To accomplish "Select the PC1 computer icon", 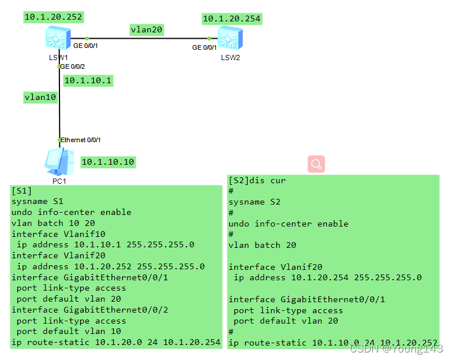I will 58,162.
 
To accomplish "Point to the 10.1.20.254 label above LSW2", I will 231,19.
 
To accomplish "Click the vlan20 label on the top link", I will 146,29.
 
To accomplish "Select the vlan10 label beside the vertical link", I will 40,97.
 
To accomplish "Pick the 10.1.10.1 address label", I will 88,80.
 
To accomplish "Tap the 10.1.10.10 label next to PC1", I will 108,162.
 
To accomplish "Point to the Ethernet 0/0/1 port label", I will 81,140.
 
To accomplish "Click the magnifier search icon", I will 316,164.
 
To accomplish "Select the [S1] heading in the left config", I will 22,191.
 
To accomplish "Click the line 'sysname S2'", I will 254,202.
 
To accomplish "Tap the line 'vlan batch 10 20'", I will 53,223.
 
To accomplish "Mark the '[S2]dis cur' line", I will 257,180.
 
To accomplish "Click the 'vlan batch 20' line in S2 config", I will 262,245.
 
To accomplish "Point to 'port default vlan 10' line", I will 69,331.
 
